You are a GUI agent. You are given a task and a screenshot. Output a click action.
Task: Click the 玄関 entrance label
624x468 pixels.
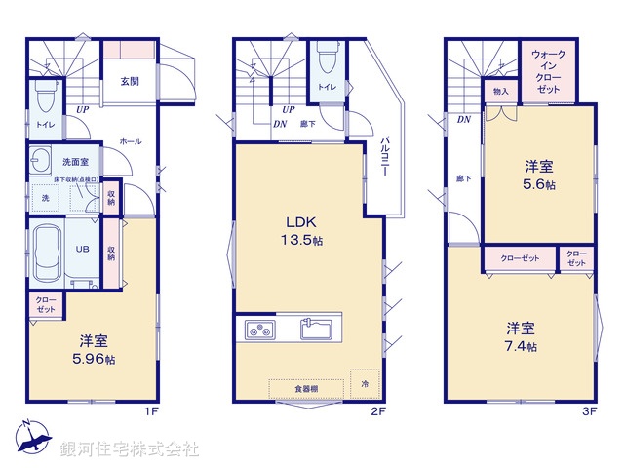pyautogui.click(x=129, y=82)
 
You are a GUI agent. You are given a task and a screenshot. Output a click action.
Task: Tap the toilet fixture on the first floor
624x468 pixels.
pyautogui.click(x=44, y=97)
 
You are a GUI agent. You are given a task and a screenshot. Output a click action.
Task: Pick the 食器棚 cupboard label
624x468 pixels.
pyautogui.click(x=306, y=388)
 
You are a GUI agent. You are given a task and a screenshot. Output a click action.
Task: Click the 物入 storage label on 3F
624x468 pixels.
pyautogui.click(x=501, y=92)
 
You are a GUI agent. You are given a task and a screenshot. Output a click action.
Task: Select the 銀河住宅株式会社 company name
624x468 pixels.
pyautogui.click(x=130, y=449)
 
